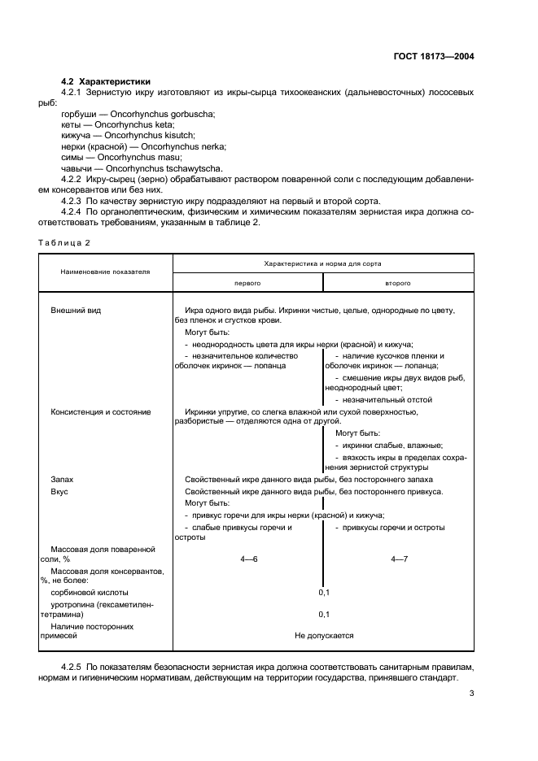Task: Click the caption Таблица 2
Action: pyautogui.click(x=63, y=242)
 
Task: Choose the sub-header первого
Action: pyautogui.click(x=247, y=282)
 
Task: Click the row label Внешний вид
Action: pyautogui.click(x=77, y=311)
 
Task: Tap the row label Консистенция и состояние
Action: pyautogui.click(x=101, y=412)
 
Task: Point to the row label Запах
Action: pyautogui.click(x=63, y=480)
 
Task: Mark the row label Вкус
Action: pyautogui.click(x=59, y=492)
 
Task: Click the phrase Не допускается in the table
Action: pyautogui.click(x=323, y=636)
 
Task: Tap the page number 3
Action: pyautogui.click(x=471, y=694)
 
